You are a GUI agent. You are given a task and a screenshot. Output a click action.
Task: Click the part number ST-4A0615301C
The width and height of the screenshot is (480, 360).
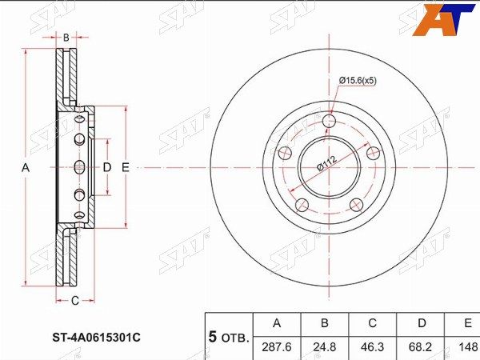(96, 338)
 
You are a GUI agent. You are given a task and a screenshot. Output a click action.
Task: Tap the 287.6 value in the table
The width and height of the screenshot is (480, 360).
(277, 347)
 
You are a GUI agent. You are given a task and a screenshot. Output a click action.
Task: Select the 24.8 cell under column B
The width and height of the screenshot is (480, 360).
(325, 347)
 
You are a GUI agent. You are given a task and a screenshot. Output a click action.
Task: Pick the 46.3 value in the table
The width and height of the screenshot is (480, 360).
(373, 347)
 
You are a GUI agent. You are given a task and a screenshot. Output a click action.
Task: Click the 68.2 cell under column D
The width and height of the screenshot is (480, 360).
(422, 347)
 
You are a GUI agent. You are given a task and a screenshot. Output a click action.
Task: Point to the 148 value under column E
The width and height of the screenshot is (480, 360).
(468, 347)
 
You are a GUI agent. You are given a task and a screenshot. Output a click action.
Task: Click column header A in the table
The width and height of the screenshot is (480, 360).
(277, 323)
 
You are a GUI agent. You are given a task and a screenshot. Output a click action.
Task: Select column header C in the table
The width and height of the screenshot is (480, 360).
(373, 323)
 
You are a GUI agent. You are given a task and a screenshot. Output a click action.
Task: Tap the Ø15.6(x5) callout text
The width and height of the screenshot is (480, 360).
(358, 81)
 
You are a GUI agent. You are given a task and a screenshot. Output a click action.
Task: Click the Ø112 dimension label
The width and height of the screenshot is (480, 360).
(327, 163)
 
